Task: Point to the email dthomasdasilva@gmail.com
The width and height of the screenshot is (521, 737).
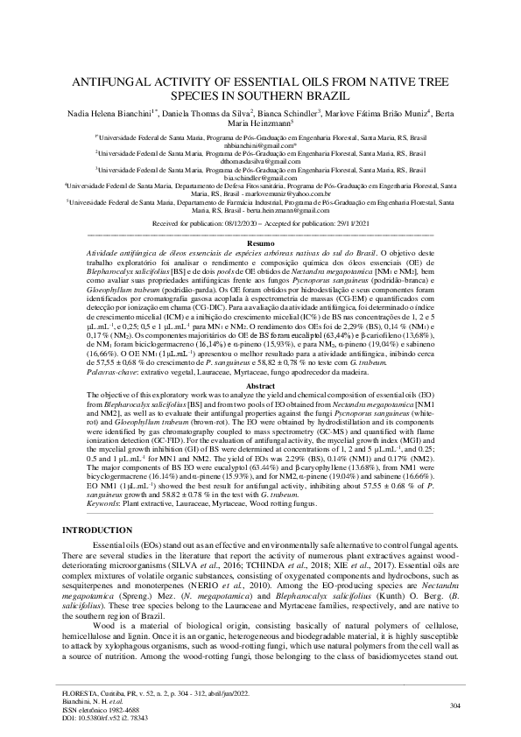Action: point(260,161)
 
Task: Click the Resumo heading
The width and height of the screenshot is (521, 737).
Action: point(260,242)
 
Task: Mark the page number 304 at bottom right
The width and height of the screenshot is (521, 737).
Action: point(454,705)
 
